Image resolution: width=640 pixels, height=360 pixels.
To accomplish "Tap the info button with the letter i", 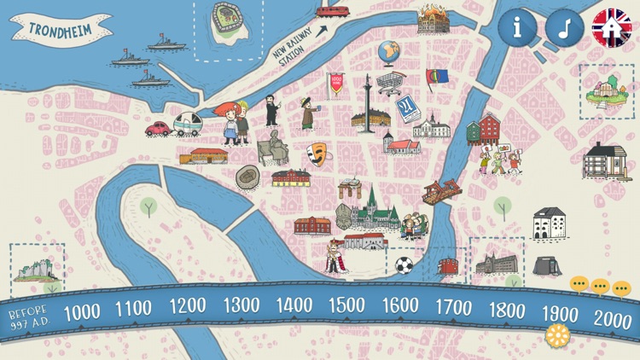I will click(518, 28).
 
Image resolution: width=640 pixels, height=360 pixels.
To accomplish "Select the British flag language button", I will click(612, 28).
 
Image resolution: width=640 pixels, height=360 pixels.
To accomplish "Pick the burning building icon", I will click(433, 20).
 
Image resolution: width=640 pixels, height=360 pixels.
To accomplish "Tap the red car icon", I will click(159, 129).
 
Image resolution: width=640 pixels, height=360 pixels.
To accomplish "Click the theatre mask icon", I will click(317, 154).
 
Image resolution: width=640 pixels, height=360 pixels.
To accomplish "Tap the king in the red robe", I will click(334, 257).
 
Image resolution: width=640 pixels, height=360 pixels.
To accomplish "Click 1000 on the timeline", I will click(81, 313).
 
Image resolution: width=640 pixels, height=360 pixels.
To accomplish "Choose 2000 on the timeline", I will click(612, 320).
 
